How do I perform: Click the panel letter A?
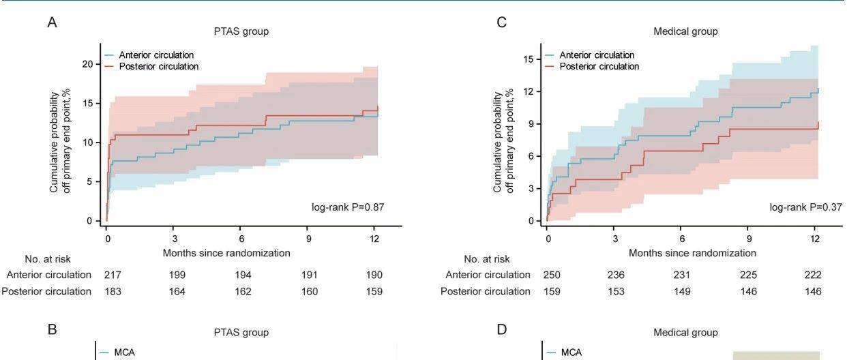[x=52, y=22]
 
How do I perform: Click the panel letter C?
[x=502, y=22]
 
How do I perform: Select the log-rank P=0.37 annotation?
[x=796, y=207]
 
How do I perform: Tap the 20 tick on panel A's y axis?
[x=87, y=63]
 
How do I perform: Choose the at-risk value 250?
[x=551, y=275]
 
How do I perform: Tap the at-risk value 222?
[x=812, y=275]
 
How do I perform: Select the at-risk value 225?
[x=748, y=275]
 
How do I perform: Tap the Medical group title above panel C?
[x=685, y=31]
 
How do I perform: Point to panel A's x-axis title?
[x=226, y=253]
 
